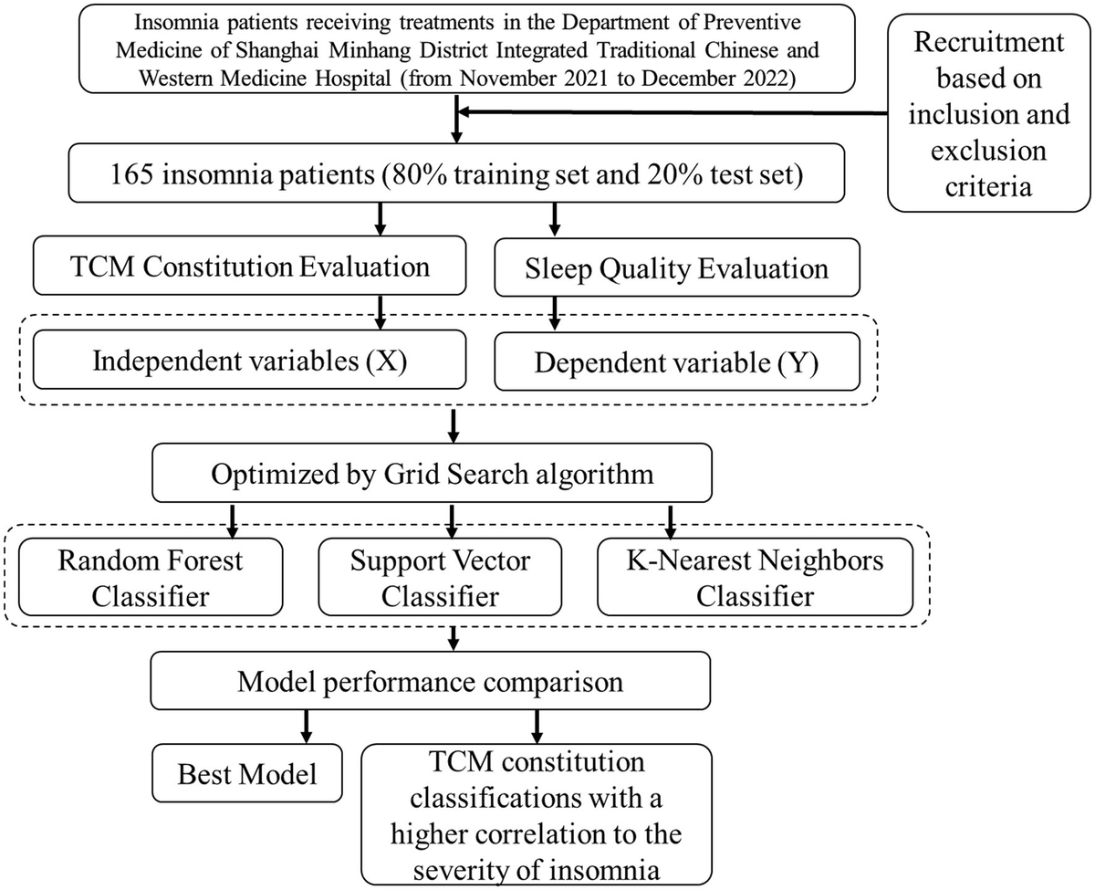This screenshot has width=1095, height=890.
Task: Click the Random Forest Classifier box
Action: pyautogui.click(x=151, y=579)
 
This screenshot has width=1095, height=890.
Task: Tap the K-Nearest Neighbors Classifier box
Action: pyautogui.click(x=754, y=579)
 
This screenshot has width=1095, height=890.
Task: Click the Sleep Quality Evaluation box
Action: pyautogui.click(x=676, y=269)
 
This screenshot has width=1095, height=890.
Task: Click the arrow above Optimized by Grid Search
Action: pyautogui.click(x=453, y=425)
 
